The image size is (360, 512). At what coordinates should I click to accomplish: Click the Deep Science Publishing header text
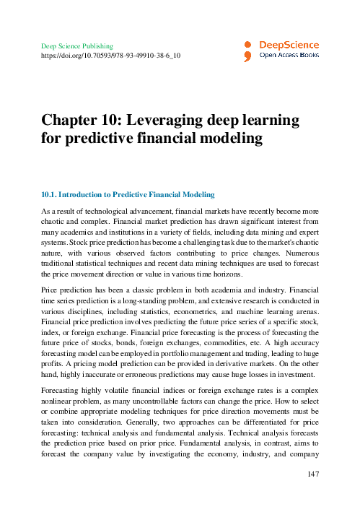[74, 45]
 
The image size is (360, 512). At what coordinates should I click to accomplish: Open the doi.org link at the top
[110, 54]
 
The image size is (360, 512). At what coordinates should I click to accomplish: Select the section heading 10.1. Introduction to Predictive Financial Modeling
[127, 195]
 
